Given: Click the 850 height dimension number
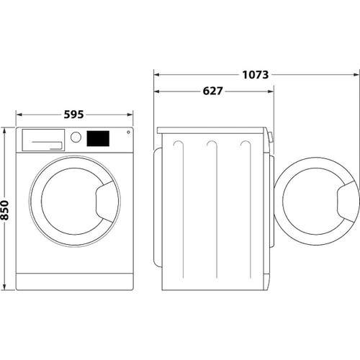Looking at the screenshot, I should coord(5,210).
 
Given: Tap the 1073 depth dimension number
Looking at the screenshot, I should coord(256,74).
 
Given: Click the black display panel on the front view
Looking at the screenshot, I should coord(99,138).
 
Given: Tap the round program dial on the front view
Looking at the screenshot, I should coord(76,138).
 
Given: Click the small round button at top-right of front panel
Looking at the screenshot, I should coord(128,132).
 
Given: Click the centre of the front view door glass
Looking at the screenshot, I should coord(74,201).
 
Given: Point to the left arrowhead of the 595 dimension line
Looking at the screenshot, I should coord(18,114).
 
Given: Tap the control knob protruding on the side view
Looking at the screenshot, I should coord(271,137).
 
